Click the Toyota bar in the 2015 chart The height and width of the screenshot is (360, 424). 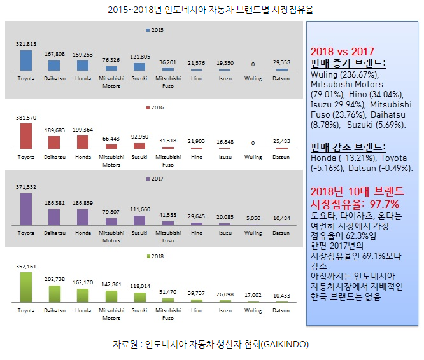pyautogui.click(x=26, y=60)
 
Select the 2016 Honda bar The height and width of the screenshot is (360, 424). pyautogui.click(x=82, y=142)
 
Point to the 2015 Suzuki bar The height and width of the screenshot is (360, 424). pyautogui.click(x=139, y=66)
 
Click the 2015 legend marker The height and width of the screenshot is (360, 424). pyautogui.click(x=148, y=30)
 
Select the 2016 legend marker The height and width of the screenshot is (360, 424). pyautogui.click(x=148, y=107)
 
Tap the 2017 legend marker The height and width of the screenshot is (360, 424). pyautogui.click(x=148, y=180)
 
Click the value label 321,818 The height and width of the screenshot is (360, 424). pyautogui.click(x=26, y=43)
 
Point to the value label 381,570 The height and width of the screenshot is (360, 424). pyautogui.click(x=26, y=118)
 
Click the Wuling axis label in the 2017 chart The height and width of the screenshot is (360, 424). pyautogui.click(x=253, y=233)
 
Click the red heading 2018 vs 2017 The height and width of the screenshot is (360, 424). pyautogui.click(x=342, y=52)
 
